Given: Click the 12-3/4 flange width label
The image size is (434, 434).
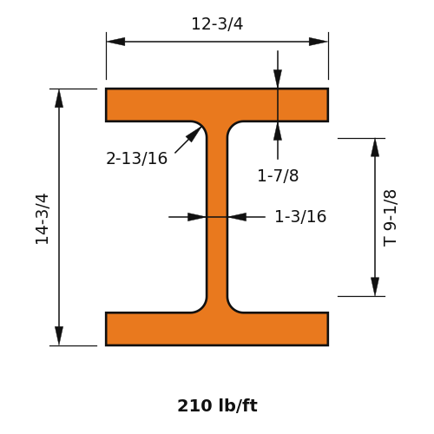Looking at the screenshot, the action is click(217, 23).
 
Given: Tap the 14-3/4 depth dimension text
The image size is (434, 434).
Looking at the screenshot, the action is click(43, 219).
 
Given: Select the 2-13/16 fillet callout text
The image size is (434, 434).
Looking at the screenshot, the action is click(136, 158).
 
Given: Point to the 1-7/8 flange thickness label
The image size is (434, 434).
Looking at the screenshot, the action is click(278, 175).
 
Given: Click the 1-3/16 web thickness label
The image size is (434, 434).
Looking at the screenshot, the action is click(300, 216).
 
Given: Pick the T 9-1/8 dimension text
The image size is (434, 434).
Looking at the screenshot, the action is click(390, 219).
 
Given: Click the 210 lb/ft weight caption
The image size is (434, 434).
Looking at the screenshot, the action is click(217, 405).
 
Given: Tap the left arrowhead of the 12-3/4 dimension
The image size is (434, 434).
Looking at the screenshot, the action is click(115, 42).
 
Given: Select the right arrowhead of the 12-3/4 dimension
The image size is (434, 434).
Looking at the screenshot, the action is click(319, 42).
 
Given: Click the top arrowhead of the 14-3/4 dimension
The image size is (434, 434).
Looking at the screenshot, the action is click(59, 98).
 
